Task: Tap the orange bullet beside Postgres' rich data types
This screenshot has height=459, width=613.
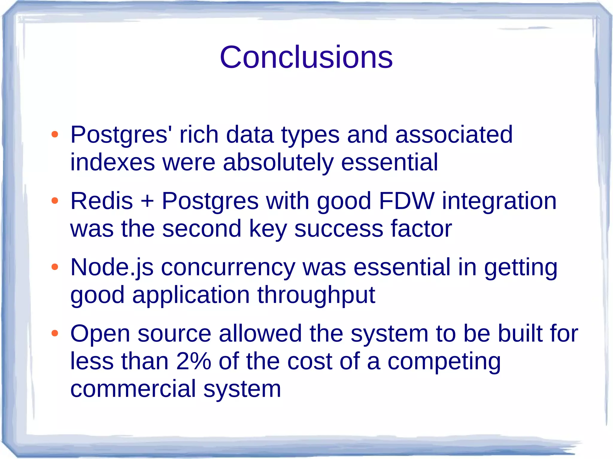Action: pos(54,134)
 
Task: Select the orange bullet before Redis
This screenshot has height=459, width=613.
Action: pos(54,201)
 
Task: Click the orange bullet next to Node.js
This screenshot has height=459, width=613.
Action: pos(54,267)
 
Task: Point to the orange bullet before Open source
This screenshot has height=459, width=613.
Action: pos(54,333)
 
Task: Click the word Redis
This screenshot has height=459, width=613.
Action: pos(101,201)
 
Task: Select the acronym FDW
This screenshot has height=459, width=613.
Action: pos(406,201)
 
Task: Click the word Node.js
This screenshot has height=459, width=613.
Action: pos(112,267)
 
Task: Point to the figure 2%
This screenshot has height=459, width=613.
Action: pos(194,361)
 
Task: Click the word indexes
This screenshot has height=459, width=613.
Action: pos(113,162)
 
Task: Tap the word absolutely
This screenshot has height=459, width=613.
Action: pos(278,163)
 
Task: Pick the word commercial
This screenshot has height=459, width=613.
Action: pos(133,389)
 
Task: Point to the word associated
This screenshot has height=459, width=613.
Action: pos(454,135)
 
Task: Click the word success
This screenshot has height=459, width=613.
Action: pos(339,229)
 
